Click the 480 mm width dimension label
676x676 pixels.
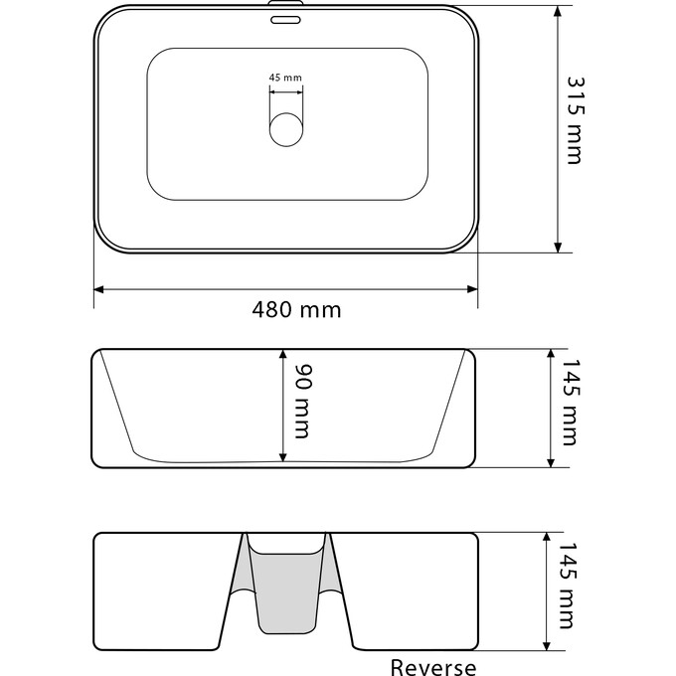[296, 309]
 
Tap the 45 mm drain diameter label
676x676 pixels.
[285, 78]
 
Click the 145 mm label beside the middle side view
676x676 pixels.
[568, 407]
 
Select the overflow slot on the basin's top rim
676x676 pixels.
[286, 16]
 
